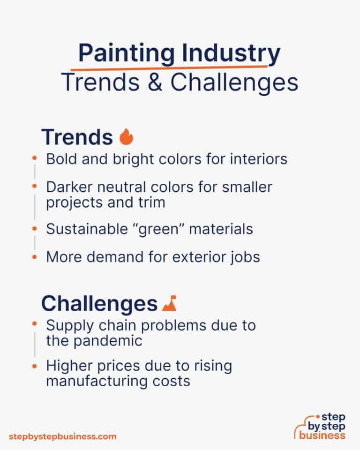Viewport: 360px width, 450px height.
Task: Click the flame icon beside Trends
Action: (x=126, y=137)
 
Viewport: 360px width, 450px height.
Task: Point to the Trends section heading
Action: (x=77, y=137)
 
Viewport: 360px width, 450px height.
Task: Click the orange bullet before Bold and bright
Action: (x=34, y=159)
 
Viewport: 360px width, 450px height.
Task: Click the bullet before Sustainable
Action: (x=34, y=229)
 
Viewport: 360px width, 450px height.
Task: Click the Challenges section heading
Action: (x=99, y=304)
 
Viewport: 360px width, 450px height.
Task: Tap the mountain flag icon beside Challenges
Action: (x=168, y=304)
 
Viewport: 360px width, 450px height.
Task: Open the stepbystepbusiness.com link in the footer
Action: (x=62, y=436)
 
